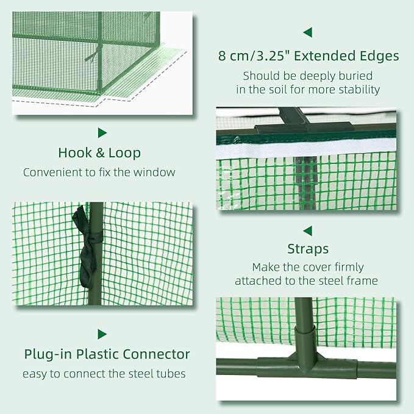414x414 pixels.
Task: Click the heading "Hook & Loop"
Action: tap(99, 152)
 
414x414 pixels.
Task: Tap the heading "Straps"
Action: tap(308, 249)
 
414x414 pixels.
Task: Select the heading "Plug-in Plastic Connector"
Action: tap(107, 354)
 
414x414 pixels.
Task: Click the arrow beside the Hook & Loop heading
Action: tap(102, 132)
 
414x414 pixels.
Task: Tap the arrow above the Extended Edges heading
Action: tap(307, 32)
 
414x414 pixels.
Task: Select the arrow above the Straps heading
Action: tap(307, 230)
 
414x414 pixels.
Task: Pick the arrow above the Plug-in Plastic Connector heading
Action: tap(102, 334)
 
